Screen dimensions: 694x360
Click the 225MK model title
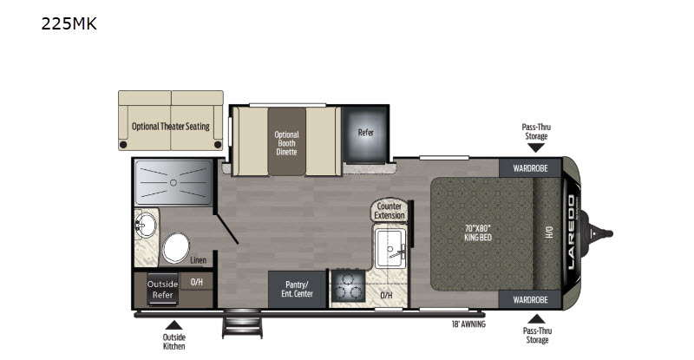[69, 23]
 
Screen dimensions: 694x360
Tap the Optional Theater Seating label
[170, 126]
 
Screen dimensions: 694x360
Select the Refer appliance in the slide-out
[365, 134]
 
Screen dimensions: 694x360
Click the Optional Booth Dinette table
[286, 141]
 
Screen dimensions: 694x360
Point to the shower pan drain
[173, 182]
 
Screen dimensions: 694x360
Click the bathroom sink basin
[146, 225]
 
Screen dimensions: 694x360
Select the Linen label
[199, 260]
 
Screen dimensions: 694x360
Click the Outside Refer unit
[162, 289]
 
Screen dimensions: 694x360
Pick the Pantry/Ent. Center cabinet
[297, 289]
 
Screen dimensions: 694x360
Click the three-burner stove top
[349, 286]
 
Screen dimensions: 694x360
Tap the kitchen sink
[390, 248]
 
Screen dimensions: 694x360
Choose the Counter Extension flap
[389, 210]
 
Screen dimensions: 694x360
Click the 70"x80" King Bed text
[478, 232]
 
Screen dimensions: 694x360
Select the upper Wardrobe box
[530, 168]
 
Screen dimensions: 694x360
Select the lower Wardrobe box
[530, 300]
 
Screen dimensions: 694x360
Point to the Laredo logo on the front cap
[571, 232]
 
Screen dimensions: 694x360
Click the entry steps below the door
[242, 324]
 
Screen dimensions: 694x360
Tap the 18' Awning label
[468, 324]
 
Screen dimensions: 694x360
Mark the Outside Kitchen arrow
[174, 325]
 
